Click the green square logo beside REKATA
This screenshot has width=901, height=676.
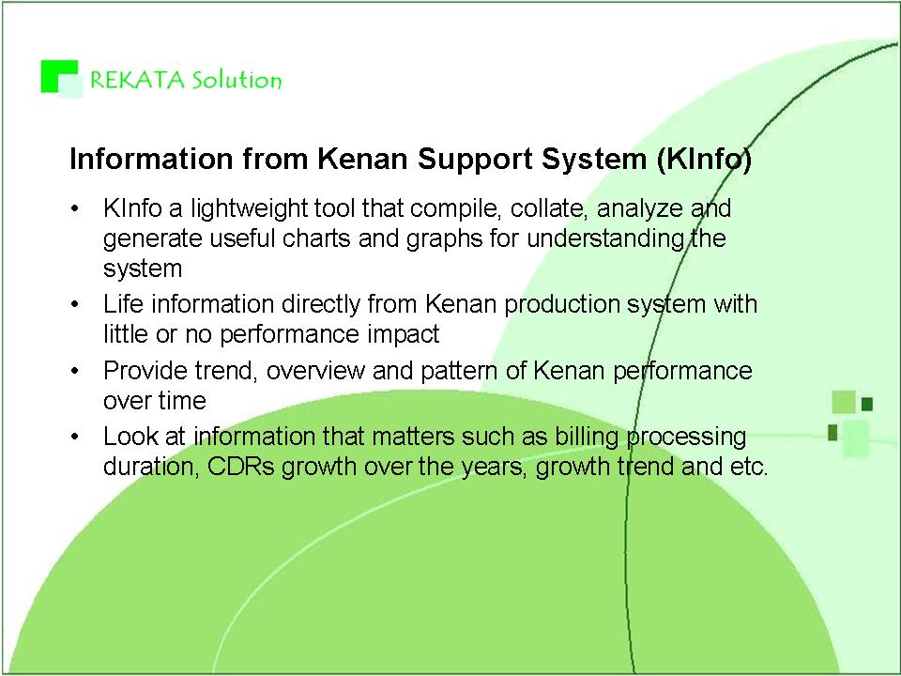tap(62, 78)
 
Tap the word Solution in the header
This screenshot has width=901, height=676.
tap(237, 80)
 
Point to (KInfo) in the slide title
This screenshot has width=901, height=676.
tap(704, 160)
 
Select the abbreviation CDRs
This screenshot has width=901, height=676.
tap(241, 467)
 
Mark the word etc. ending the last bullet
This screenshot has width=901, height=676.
tap(749, 467)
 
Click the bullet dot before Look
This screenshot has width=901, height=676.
tap(75, 437)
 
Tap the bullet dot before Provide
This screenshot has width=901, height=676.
tap(75, 371)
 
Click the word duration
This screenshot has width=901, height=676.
tap(151, 467)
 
